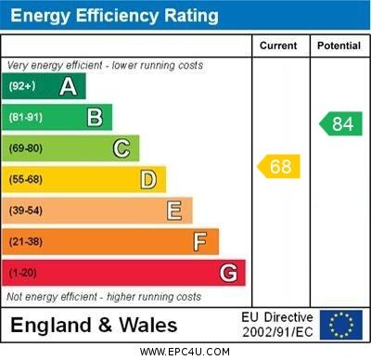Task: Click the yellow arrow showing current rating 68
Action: point(279,167)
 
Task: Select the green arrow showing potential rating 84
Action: point(341,123)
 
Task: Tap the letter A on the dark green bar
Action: point(68,87)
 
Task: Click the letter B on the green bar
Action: point(95,117)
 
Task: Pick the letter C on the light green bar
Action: point(121,148)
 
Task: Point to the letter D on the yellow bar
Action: point(148,179)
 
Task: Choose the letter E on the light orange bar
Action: point(174,211)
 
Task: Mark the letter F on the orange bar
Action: point(199,241)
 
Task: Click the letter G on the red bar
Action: point(228,273)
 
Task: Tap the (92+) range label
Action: point(22,87)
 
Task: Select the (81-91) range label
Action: point(26,118)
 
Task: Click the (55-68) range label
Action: point(26,180)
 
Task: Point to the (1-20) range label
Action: point(23,274)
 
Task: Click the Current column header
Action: point(278,45)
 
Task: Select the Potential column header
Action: point(339,45)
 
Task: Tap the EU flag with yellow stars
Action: point(341,325)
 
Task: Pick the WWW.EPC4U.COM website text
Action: point(185,352)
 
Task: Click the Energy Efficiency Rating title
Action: point(113,16)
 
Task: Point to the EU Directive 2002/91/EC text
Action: point(277,325)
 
